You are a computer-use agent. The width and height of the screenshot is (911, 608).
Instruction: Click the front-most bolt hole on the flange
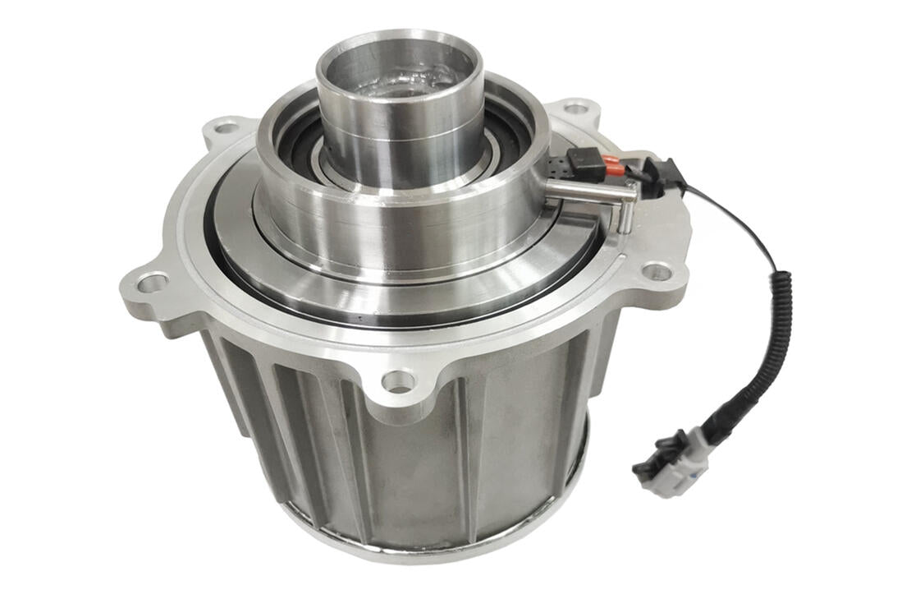click(x=398, y=380)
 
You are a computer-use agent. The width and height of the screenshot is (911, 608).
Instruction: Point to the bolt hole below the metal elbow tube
click(x=657, y=270)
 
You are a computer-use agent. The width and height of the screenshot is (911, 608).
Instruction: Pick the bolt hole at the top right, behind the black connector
click(x=577, y=108)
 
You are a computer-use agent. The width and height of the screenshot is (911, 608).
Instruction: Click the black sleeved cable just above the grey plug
click(x=722, y=419)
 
